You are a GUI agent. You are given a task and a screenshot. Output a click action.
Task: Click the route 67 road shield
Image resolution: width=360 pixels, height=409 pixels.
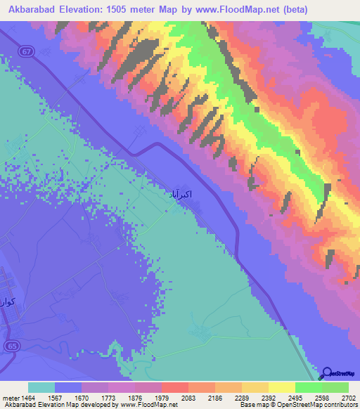(26, 51)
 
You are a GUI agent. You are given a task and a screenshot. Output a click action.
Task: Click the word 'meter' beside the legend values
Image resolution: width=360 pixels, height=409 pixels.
(10, 398)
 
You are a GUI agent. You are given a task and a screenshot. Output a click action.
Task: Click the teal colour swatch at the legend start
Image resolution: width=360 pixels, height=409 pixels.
(41, 387)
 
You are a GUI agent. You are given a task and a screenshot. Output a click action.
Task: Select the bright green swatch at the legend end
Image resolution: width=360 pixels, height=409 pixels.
(335, 387)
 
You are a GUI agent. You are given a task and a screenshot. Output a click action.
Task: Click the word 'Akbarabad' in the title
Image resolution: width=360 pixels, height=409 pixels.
(33, 9)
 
